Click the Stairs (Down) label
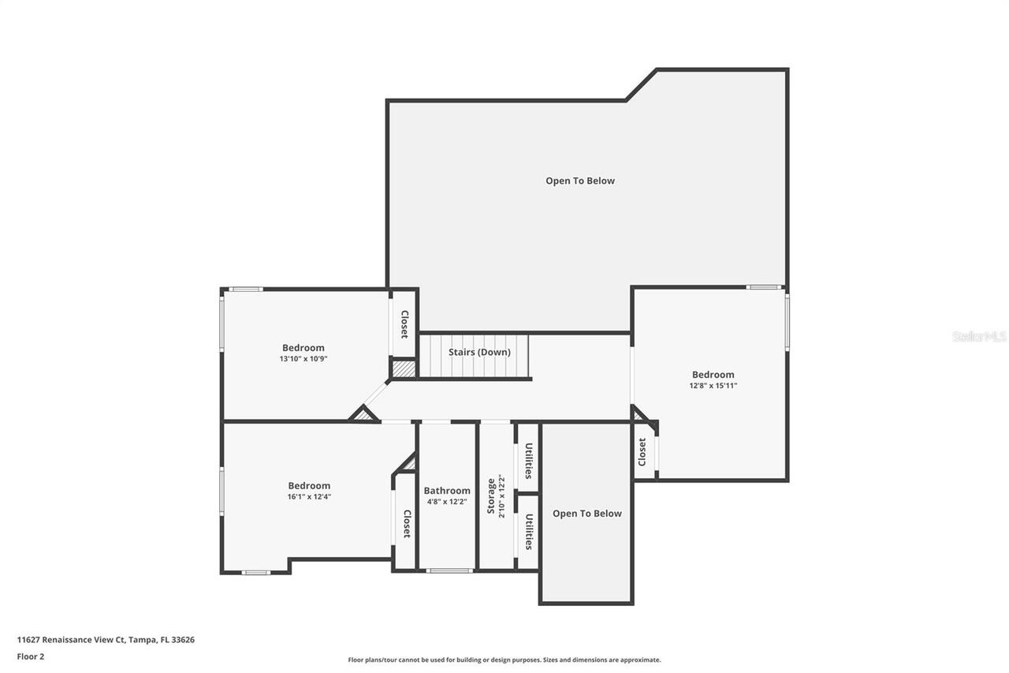[479, 352]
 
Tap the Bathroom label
[447, 491]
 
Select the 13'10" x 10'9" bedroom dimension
[303, 359]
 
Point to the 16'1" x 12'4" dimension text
[309, 497]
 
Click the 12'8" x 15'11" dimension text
[713, 386]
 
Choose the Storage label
[491, 495]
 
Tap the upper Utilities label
[529, 461]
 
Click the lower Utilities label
[529, 532]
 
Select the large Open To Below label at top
[580, 181]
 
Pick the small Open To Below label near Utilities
[587, 514]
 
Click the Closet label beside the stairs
[404, 324]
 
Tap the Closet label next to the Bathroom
[407, 524]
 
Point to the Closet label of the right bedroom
[642, 452]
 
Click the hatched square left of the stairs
[404, 368]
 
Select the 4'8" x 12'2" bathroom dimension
[447, 502]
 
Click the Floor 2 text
[31, 656]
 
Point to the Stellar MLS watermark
[979, 337]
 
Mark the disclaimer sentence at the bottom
[504, 660]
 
